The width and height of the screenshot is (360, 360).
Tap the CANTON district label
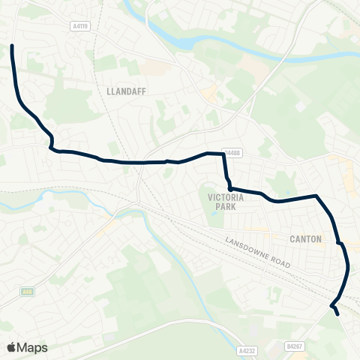305,239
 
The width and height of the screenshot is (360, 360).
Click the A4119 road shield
81,25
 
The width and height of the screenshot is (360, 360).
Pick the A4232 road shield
246,349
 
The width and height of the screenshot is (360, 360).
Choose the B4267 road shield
295,346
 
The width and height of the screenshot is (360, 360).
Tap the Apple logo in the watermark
11,347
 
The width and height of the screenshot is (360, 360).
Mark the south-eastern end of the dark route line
338,315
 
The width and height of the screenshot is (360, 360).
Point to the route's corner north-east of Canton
317,196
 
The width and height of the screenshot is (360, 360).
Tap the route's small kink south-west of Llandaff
51,142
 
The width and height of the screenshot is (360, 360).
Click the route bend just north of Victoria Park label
229,187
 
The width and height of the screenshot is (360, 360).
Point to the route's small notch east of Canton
340,243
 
